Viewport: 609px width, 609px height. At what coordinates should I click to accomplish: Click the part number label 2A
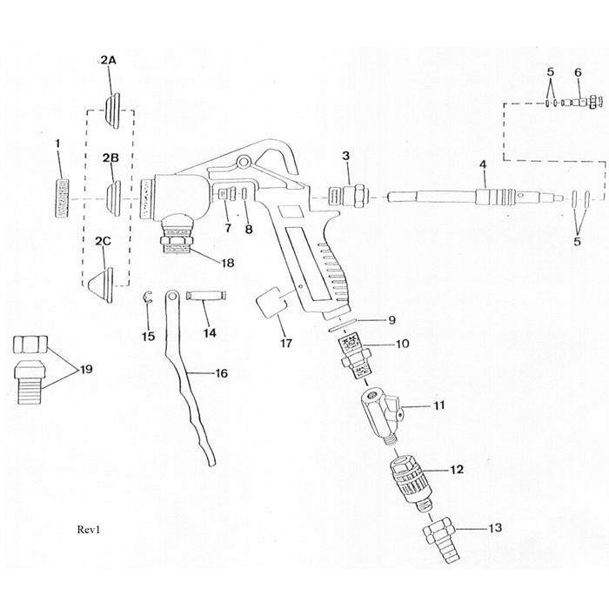coord(108,60)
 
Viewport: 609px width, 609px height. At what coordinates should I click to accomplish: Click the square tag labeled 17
coord(270,307)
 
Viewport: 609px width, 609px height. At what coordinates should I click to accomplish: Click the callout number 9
coord(391,318)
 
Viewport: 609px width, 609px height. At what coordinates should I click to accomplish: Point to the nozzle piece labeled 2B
coord(112,191)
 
